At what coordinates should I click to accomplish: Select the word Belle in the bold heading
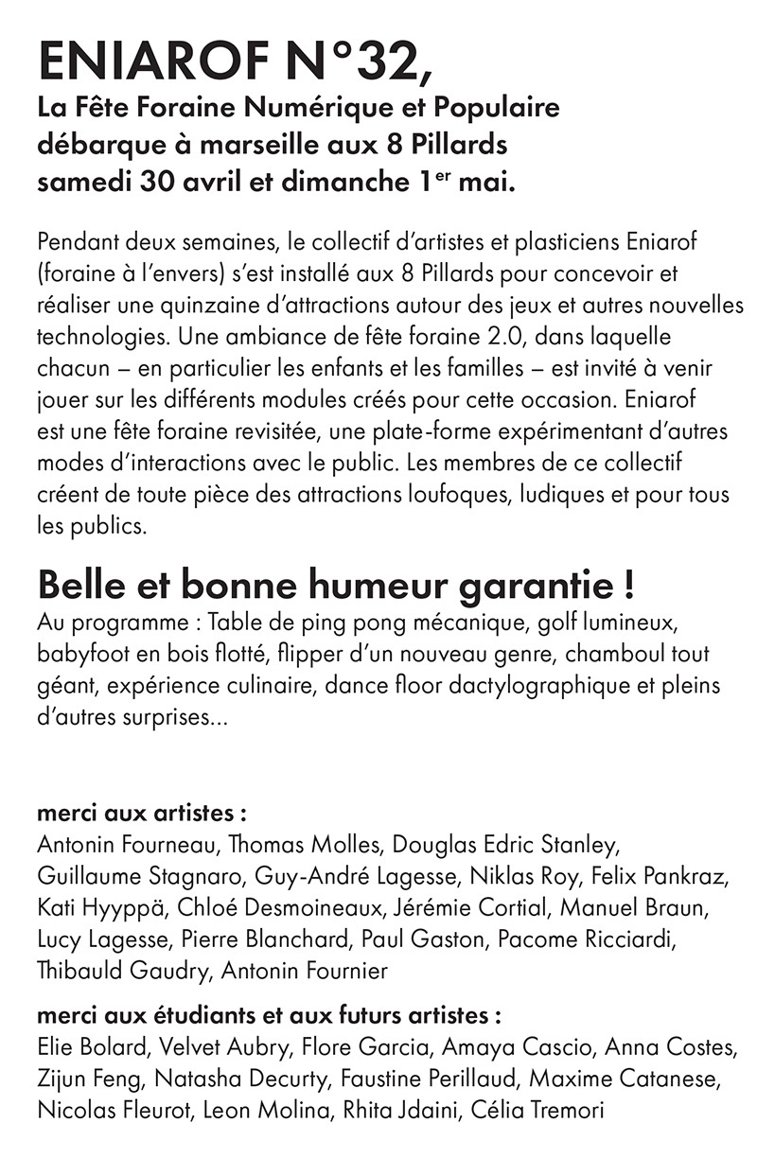pyautogui.click(x=82, y=585)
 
